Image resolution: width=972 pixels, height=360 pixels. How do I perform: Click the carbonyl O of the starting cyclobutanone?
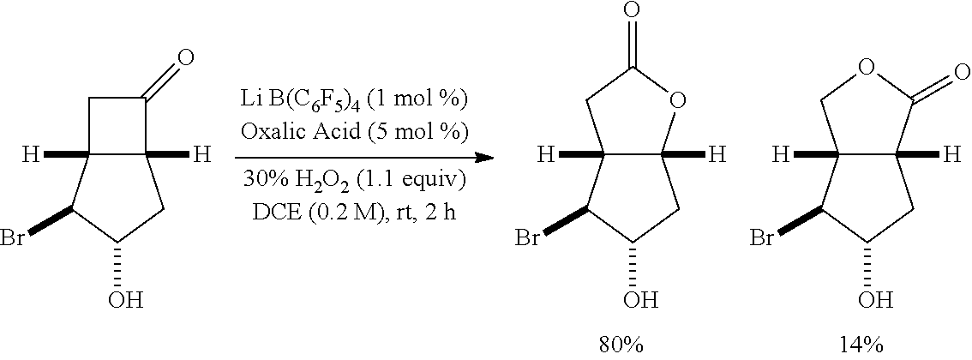pos(183,59)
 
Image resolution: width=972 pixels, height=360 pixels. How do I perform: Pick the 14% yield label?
pos(861,345)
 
